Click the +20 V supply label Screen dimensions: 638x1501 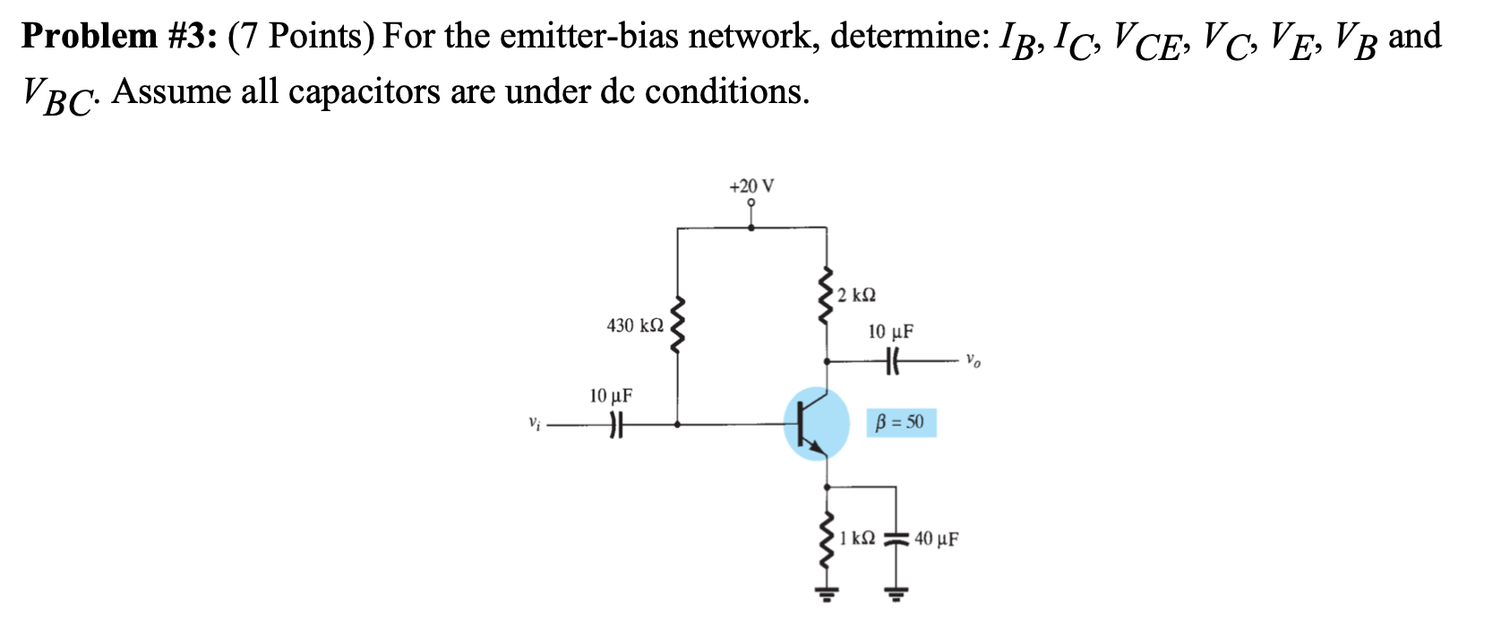(751, 186)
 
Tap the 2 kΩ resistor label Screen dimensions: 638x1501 (859, 295)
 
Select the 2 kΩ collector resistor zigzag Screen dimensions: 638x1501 (826, 296)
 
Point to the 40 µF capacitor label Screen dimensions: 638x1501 (937, 539)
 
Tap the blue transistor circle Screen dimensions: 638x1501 (816, 423)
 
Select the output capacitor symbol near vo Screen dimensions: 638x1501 (891, 361)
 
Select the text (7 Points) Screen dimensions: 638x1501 (302, 37)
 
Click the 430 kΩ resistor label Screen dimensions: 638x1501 (635, 325)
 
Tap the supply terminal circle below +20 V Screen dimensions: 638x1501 (751, 203)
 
